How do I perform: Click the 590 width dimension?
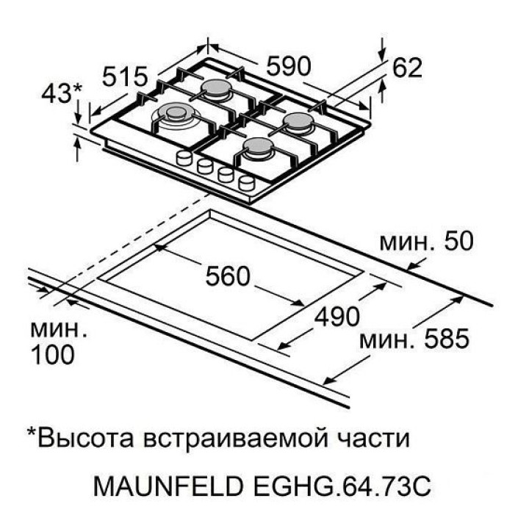click(288, 66)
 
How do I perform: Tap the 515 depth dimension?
click(125, 76)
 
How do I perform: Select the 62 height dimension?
click(407, 68)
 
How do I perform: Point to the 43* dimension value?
click(61, 93)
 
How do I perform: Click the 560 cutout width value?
click(228, 276)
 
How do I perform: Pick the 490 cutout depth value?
click(337, 317)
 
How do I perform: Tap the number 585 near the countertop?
click(447, 339)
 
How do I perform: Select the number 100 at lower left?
click(53, 355)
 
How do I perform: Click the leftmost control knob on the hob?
click(184, 157)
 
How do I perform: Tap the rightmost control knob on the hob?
click(247, 183)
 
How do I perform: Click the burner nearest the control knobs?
click(258, 148)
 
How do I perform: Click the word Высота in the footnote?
click(85, 438)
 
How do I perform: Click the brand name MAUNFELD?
click(168, 486)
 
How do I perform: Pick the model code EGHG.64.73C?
click(342, 486)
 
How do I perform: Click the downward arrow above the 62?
click(382, 50)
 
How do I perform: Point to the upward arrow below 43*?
click(78, 150)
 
